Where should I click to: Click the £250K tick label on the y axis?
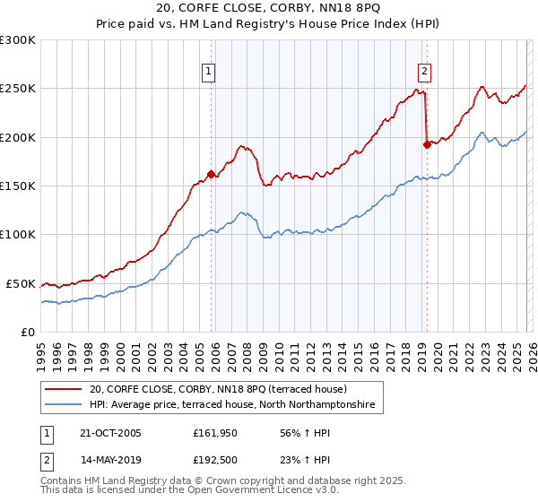pos(17,89)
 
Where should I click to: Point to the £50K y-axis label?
pos(21,283)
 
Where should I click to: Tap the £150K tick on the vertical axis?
pos(17,186)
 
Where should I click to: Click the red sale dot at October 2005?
pos(212,174)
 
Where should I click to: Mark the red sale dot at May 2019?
pos(427,144)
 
